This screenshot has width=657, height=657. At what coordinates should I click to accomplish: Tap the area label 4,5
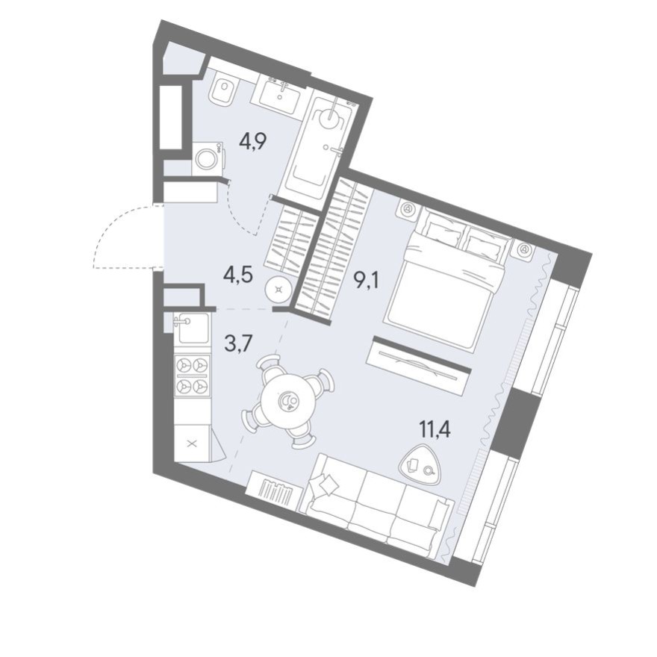238,273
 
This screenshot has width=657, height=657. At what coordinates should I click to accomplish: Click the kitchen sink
192,328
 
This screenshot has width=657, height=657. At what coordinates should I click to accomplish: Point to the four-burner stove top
192,376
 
